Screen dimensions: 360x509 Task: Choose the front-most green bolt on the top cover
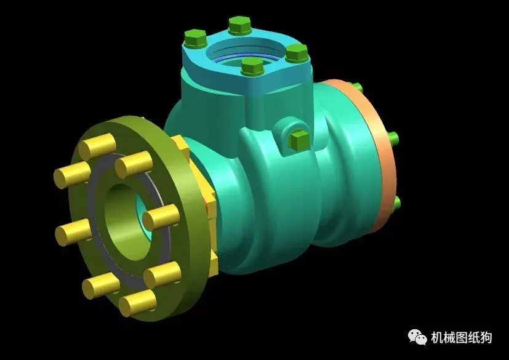(x=250, y=67)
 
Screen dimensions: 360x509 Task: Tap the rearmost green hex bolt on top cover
(x=239, y=26)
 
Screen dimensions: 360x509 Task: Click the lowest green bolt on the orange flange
(x=396, y=202)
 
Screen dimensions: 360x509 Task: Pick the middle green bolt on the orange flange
(x=393, y=137)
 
